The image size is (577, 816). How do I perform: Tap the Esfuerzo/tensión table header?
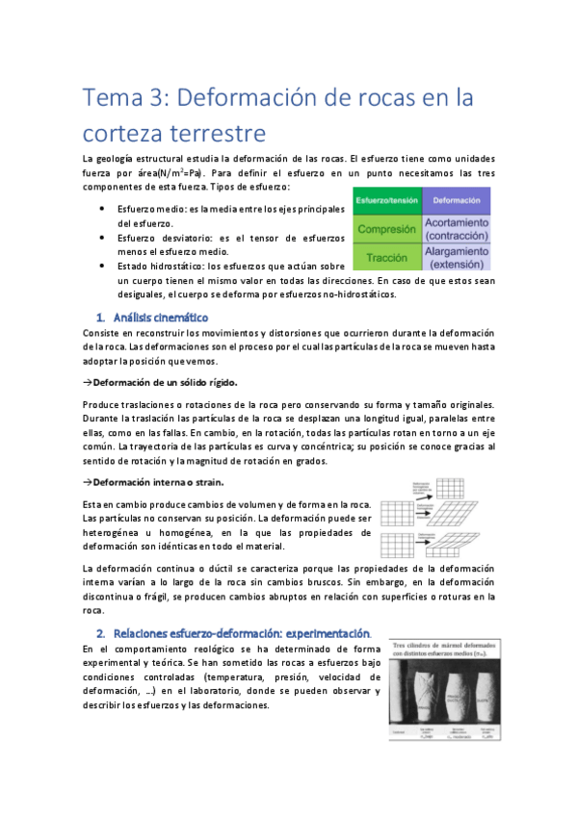[386, 200]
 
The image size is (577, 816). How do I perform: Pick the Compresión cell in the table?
[386, 229]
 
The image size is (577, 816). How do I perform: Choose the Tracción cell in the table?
[386, 257]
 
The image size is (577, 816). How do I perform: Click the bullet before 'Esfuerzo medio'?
[103, 209]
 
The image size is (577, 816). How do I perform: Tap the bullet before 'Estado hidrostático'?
[103, 266]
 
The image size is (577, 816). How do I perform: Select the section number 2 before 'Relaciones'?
[100, 633]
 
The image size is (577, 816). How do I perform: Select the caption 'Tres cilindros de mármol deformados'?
[445, 647]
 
